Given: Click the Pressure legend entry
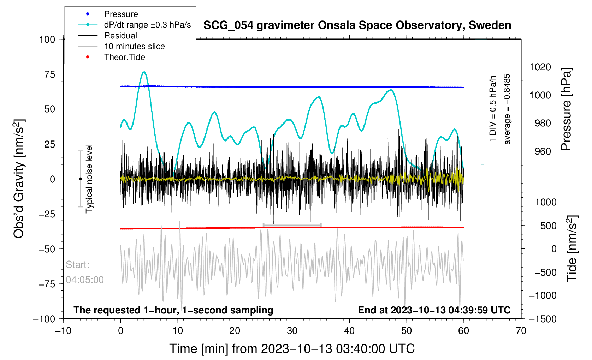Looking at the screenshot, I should (121, 14).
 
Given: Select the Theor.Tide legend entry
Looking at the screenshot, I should (124, 57).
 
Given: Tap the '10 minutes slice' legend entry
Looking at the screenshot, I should (134, 46).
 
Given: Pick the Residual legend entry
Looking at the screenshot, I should (120, 36).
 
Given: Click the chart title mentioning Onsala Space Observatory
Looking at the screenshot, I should (357, 25).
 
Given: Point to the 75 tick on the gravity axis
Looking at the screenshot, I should (47, 74).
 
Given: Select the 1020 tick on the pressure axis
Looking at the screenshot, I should (540, 67).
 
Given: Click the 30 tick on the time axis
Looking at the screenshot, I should (292, 331).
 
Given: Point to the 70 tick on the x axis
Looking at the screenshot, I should (521, 331).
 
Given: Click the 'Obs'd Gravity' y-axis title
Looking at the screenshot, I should (19, 179).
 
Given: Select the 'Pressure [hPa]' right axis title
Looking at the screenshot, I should (566, 109).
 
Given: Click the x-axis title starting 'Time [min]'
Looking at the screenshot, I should (292, 349).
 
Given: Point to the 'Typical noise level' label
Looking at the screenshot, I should (89, 179).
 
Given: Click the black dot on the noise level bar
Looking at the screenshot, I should (80, 179).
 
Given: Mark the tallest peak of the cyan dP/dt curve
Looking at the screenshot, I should (144, 72).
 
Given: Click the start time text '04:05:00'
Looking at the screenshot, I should (85, 280).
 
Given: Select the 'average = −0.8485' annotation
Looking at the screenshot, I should (507, 109).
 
